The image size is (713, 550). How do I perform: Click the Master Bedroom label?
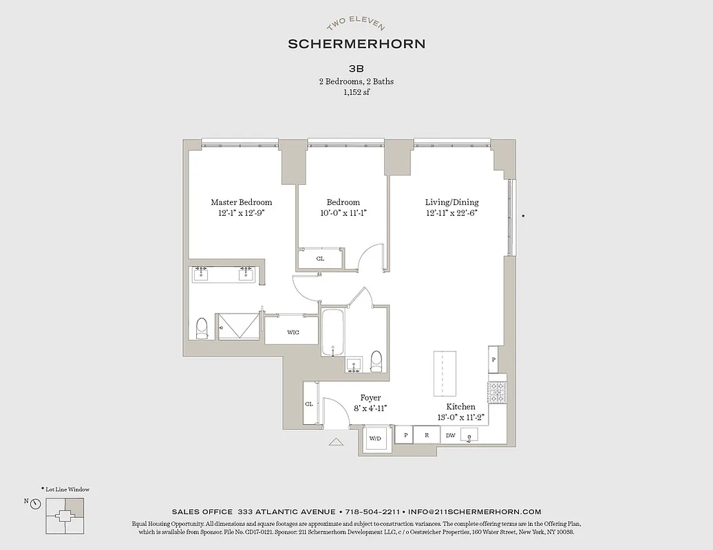coord(241,202)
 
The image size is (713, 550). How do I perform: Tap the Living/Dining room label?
coord(451,202)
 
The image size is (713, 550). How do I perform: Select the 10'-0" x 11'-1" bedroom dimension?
coord(343,213)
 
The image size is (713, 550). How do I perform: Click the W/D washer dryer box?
coord(376,438)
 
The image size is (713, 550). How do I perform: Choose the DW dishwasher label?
coord(451,435)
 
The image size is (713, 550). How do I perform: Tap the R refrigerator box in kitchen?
coord(427,435)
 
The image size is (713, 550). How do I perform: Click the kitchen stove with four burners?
coord(497,393)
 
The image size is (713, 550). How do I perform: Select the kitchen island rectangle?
coord(445,373)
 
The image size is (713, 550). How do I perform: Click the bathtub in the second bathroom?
coord(332,332)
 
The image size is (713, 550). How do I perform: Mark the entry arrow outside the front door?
coord(336,442)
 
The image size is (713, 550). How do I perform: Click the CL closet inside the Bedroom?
coord(320,259)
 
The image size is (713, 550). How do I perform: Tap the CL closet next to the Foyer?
coord(309,404)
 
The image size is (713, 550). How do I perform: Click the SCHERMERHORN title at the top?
coord(356,44)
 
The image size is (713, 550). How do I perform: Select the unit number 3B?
coord(356,69)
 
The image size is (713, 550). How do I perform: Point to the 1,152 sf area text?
coord(356,92)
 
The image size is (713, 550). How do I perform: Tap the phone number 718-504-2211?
coord(372,511)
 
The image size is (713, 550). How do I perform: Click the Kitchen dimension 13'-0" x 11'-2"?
coord(460,417)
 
